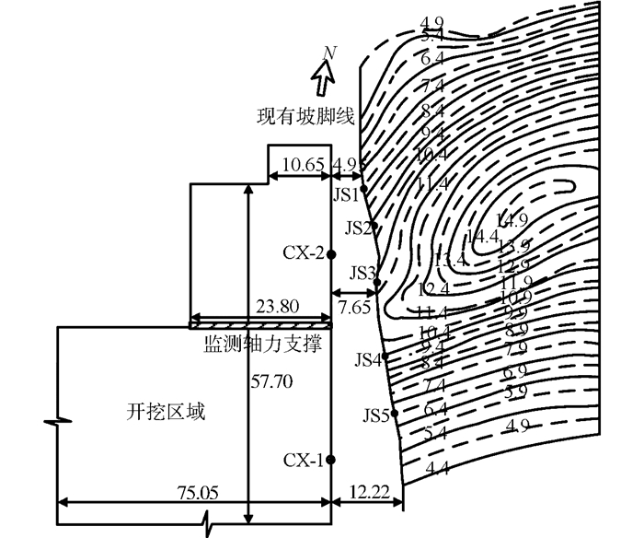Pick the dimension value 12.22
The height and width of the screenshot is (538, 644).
point(367,493)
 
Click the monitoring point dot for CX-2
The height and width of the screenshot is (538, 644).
point(331,253)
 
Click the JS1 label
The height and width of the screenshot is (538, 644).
point(345,194)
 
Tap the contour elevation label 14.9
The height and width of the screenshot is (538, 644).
point(511,220)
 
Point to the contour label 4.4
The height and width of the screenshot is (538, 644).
point(437,470)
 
